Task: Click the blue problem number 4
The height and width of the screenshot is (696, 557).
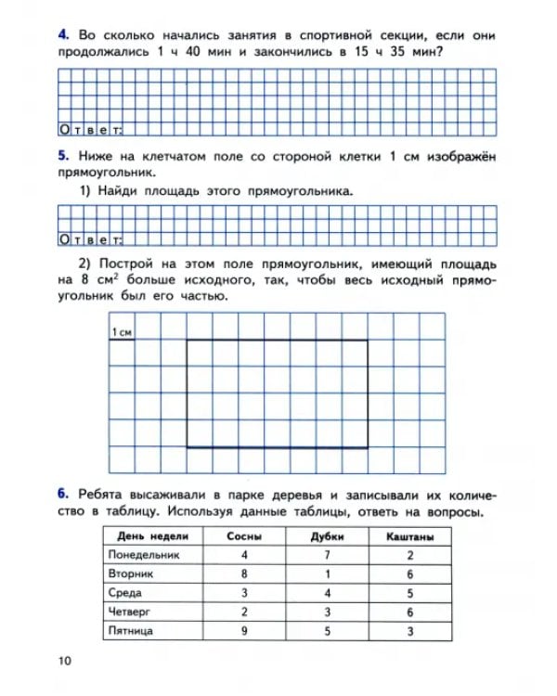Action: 61,35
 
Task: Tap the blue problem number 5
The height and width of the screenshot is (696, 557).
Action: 61,158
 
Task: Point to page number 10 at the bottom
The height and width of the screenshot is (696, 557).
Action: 64,660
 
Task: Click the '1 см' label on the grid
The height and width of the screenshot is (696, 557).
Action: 122,332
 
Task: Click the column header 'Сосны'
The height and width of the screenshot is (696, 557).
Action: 243,536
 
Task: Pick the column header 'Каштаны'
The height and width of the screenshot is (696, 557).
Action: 410,536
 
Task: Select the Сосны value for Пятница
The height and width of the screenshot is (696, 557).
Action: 243,631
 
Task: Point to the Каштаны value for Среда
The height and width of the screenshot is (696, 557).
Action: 410,593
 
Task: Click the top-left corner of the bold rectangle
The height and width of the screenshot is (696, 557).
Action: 188,341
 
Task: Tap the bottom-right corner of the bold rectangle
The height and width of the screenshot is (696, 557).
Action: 367,447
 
